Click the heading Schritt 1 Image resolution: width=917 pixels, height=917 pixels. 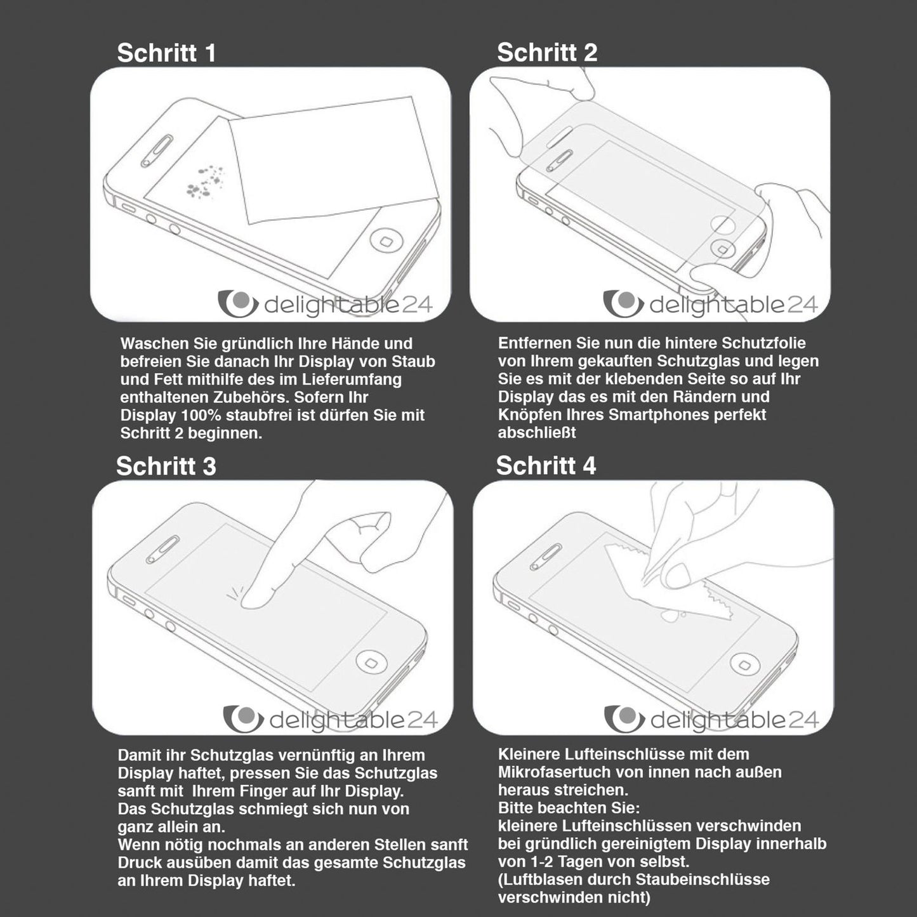[166, 53]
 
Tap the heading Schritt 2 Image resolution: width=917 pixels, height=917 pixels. [547, 53]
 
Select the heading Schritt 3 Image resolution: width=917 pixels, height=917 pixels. [166, 466]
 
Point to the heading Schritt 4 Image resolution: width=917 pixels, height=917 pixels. [546, 466]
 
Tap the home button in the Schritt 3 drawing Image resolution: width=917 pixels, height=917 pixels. [372, 663]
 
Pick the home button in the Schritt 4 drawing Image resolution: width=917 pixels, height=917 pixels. [745, 664]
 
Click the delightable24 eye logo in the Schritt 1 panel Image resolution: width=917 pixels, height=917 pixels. [237, 304]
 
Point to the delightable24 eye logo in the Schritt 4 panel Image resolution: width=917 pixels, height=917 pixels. [624, 718]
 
